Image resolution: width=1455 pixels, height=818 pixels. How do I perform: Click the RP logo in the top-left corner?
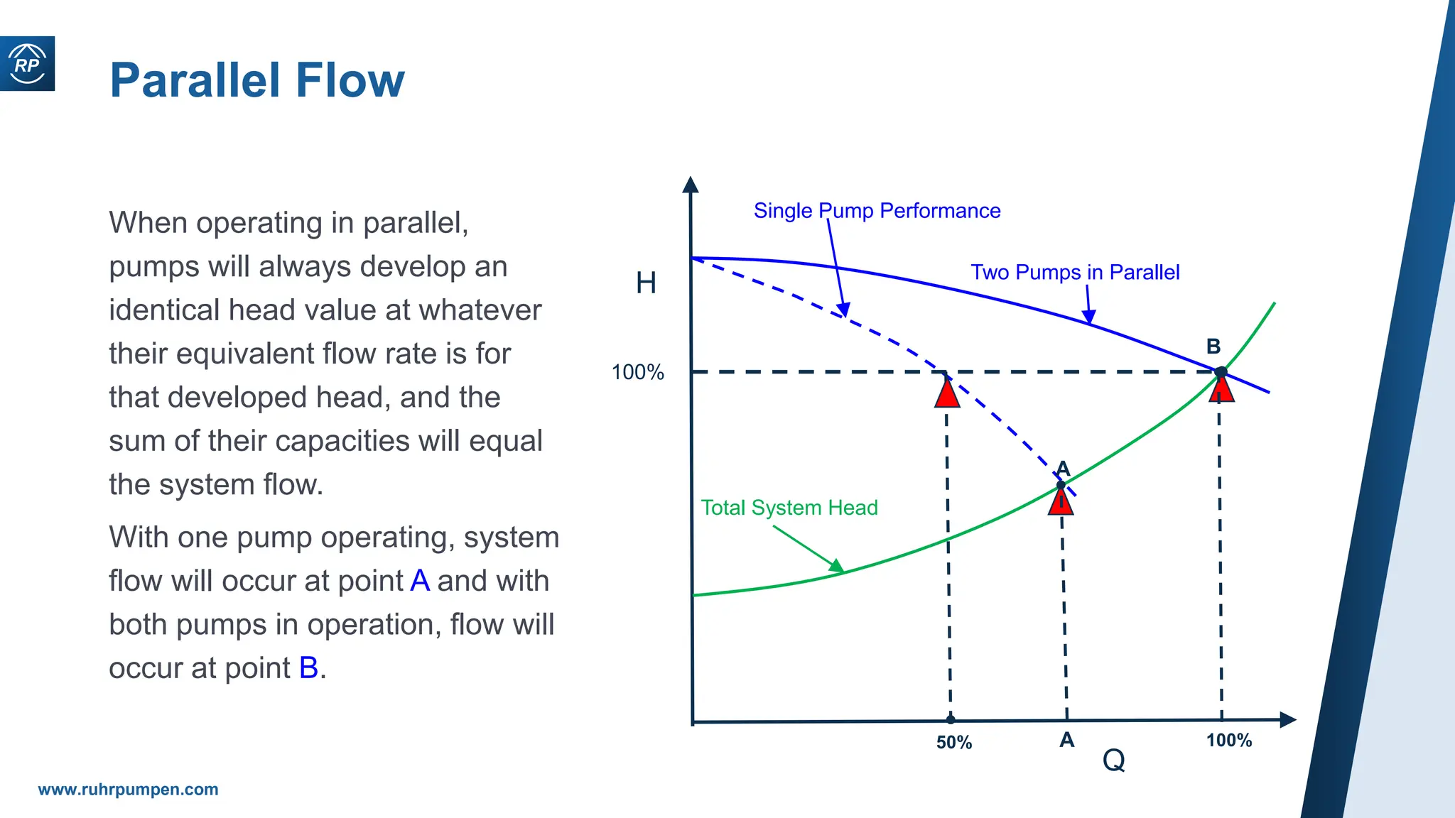click(x=27, y=64)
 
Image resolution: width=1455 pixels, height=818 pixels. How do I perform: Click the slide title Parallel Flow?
click(x=256, y=80)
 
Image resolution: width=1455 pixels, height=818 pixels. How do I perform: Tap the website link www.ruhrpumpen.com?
click(x=128, y=790)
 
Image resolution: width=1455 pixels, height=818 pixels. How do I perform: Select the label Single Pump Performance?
click(x=877, y=211)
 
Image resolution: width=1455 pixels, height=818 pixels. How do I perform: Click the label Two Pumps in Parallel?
click(x=1074, y=273)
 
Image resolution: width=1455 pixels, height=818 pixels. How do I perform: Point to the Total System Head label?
click(x=789, y=508)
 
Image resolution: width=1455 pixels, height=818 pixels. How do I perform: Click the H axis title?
click(x=646, y=283)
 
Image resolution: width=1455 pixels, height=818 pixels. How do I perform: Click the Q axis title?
click(x=1113, y=760)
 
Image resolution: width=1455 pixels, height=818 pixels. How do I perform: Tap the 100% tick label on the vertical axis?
click(x=637, y=372)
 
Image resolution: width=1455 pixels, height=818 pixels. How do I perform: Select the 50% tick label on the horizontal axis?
click(x=953, y=743)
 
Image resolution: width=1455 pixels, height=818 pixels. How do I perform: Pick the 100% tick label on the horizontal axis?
click(x=1228, y=741)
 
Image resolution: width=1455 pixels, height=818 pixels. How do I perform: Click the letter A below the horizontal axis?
click(x=1066, y=741)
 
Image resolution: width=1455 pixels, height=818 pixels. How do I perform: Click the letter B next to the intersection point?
click(x=1213, y=347)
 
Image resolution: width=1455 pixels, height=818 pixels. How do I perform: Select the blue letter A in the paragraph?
click(x=420, y=581)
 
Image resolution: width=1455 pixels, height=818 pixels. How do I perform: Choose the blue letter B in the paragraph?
click(x=308, y=668)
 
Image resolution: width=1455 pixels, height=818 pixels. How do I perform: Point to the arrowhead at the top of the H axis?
click(x=690, y=185)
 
